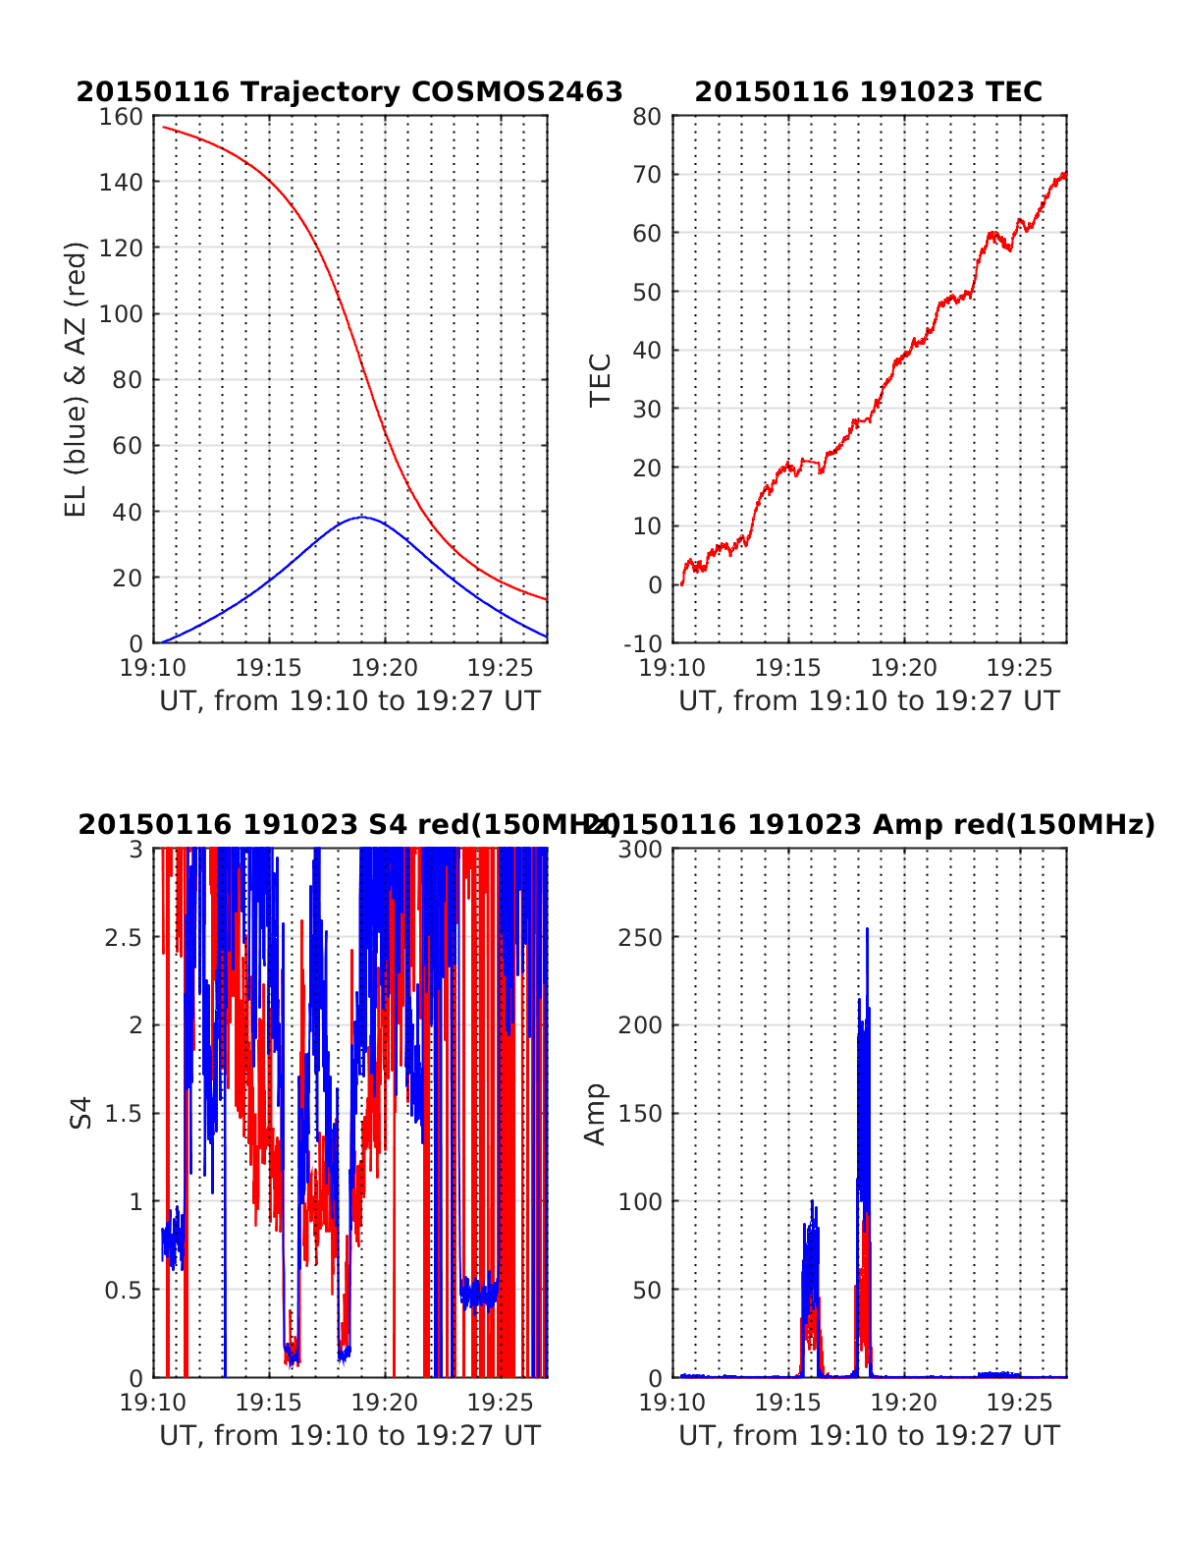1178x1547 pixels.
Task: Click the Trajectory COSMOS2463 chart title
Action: tap(349, 91)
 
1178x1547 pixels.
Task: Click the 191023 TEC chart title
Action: tap(868, 91)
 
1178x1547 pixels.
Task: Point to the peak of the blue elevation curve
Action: tap(362, 517)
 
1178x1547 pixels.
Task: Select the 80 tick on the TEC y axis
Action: tap(648, 116)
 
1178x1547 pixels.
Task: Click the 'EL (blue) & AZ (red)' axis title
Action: tap(76, 379)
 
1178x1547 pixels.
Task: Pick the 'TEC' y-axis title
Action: tap(600, 379)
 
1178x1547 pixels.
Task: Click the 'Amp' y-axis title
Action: tap(595, 1113)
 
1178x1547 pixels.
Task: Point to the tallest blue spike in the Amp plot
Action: tap(867, 929)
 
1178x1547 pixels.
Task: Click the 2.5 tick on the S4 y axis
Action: tap(123, 937)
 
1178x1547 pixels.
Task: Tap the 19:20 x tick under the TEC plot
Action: tap(904, 668)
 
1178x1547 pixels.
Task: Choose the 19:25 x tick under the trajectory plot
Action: tap(501, 668)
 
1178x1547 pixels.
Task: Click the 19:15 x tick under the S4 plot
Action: tap(269, 1403)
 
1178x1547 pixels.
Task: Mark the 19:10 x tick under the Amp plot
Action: tap(672, 1403)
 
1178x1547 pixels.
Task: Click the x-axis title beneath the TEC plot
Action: tap(869, 700)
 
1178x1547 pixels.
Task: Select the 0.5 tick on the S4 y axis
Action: tap(123, 1290)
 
